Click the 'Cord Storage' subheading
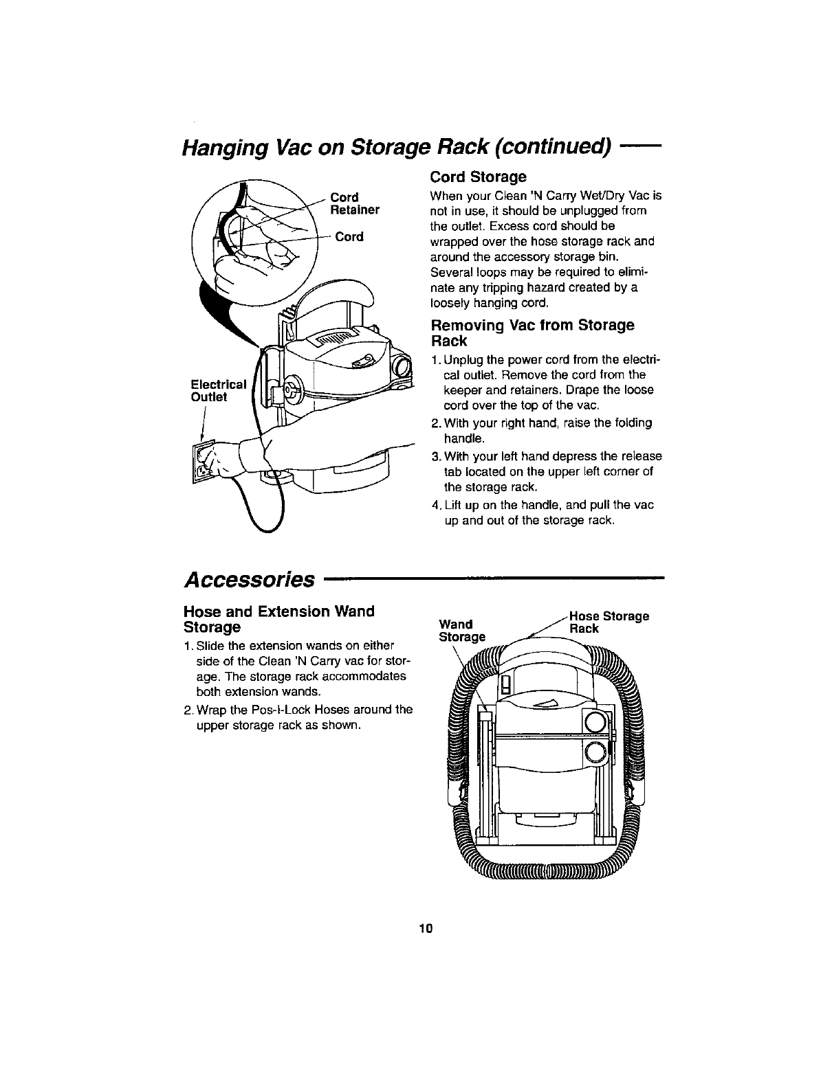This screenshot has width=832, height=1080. point(478,177)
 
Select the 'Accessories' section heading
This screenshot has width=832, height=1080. point(249,578)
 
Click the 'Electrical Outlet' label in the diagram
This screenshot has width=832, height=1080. point(218,390)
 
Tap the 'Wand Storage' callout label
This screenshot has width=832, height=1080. point(461,630)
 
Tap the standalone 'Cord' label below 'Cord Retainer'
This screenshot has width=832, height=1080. point(349,237)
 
